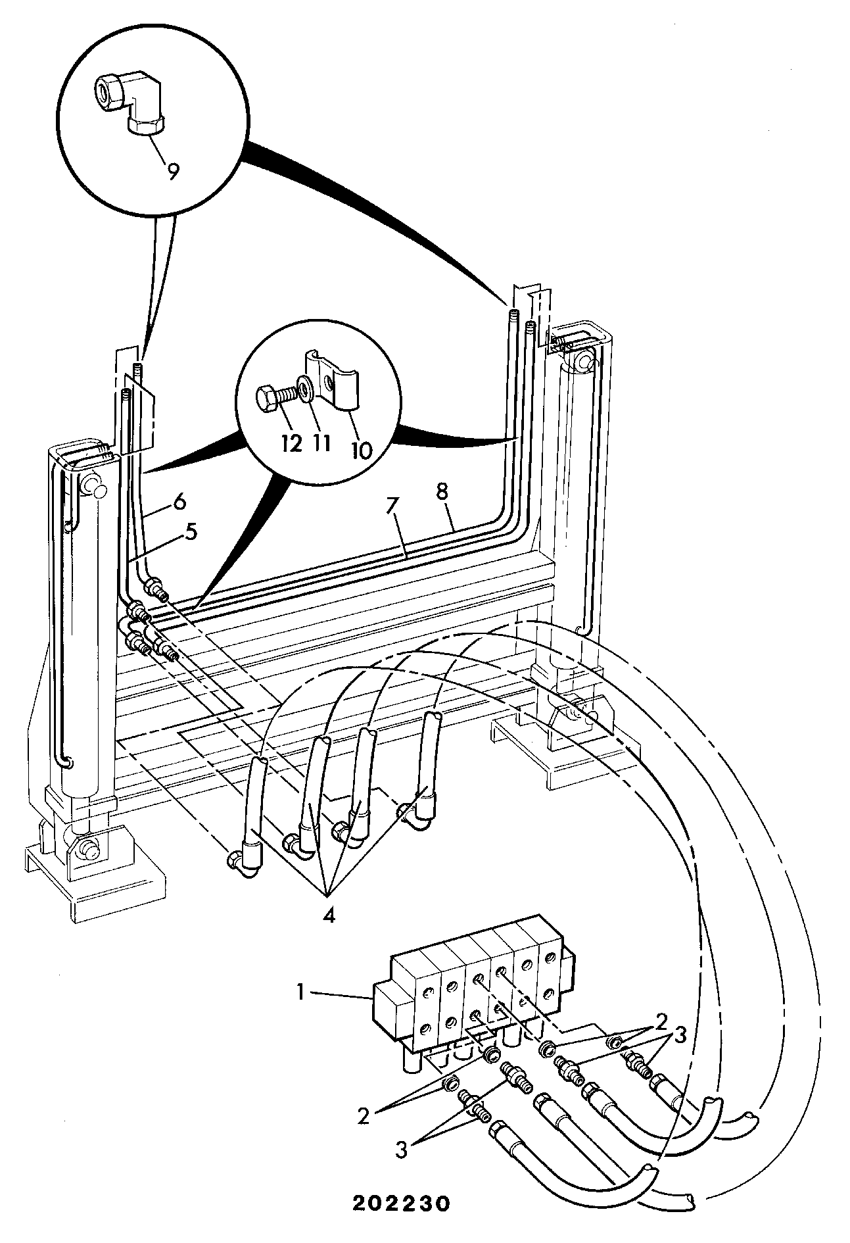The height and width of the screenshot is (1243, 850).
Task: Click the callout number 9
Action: (172, 172)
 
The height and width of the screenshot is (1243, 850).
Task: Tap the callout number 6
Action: (179, 502)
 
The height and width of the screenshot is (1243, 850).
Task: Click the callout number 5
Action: (191, 531)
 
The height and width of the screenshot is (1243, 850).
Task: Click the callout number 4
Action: (329, 915)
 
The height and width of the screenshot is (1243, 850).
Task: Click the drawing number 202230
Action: (402, 1204)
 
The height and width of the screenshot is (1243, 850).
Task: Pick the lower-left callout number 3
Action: (402, 1149)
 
